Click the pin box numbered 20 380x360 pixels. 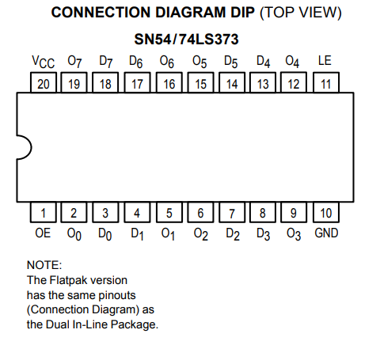coord(44,82)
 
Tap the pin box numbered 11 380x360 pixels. coord(326,82)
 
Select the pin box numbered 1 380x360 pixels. coord(44,212)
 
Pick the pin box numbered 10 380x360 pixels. coord(326,212)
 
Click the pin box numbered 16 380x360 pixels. coord(169,82)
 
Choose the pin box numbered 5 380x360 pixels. coord(169,212)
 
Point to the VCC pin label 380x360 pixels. coord(44,62)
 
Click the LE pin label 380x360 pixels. coord(325,61)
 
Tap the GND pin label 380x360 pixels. coord(326,233)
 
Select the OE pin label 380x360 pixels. coord(43,233)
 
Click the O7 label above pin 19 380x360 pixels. coord(74,62)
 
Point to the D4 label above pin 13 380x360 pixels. coord(264,62)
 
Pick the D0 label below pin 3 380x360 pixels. coord(104,234)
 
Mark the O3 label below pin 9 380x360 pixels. coord(294,234)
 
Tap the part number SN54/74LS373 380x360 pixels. coord(186,40)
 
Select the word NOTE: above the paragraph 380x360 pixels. coord(44,265)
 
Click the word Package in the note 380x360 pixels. coord(135,324)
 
